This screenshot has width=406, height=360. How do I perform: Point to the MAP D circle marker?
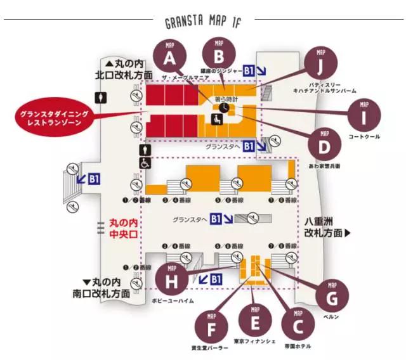324,145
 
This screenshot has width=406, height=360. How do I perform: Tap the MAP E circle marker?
255,320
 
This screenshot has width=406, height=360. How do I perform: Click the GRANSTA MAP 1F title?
204,23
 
